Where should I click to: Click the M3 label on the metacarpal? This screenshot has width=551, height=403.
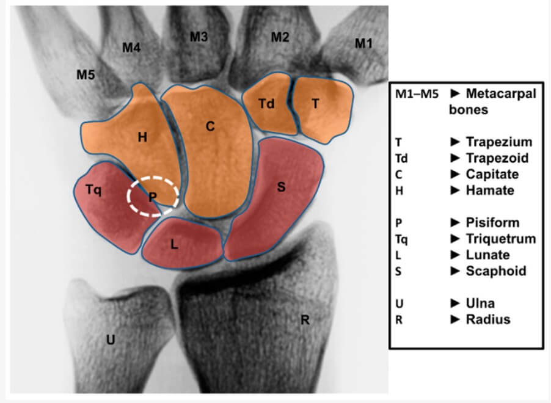[x=199, y=37]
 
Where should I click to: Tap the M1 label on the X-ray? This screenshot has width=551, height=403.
[x=363, y=43]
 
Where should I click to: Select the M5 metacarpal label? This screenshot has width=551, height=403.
[x=86, y=74]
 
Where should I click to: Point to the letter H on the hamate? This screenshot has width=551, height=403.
[x=142, y=137]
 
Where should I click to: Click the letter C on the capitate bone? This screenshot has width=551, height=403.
[x=210, y=126]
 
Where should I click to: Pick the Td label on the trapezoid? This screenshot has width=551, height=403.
[x=266, y=104]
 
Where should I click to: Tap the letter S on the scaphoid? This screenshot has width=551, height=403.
[x=281, y=187]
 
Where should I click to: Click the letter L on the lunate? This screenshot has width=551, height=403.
[x=174, y=244]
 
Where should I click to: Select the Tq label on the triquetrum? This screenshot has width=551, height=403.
[x=93, y=190]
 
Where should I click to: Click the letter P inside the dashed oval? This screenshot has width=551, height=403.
[x=153, y=197]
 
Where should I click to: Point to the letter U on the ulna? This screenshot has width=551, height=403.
[x=111, y=339]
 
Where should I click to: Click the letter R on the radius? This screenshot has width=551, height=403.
[x=305, y=320]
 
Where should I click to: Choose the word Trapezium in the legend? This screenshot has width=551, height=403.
[x=499, y=142]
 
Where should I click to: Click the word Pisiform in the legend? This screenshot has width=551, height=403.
[x=493, y=222]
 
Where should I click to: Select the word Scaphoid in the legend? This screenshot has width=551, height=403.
[x=496, y=271]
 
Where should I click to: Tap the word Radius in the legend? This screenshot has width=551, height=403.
[x=488, y=319]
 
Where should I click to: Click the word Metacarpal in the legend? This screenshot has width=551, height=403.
[x=501, y=93]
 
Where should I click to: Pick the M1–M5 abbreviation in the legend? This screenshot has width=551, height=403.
[x=417, y=94]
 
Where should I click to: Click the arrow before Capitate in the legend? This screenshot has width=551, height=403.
[x=456, y=174]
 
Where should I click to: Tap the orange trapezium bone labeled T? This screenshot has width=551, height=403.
[x=323, y=109]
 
